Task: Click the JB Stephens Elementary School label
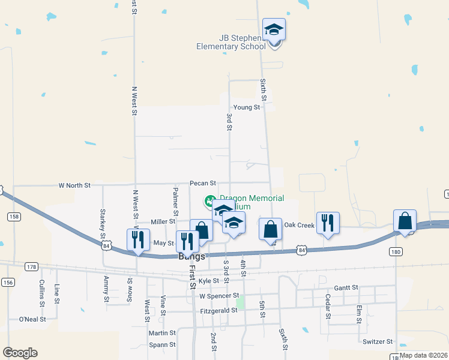pos(231,42)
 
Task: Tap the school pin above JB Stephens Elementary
pos(274,30)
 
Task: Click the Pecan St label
pos(202,182)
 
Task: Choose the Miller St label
pos(163,222)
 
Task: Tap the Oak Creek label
pos(299,225)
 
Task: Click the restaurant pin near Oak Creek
pos(328,223)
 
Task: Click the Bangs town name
pos(192,256)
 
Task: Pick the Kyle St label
pos(209,281)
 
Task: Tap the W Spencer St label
pos(219,296)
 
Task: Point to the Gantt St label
pos(346,288)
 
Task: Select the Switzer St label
pos(377,341)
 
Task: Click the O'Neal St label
pos(32,319)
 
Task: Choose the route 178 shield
pos(32,266)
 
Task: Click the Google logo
pos(20,353)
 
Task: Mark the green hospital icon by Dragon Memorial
pos(210,200)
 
